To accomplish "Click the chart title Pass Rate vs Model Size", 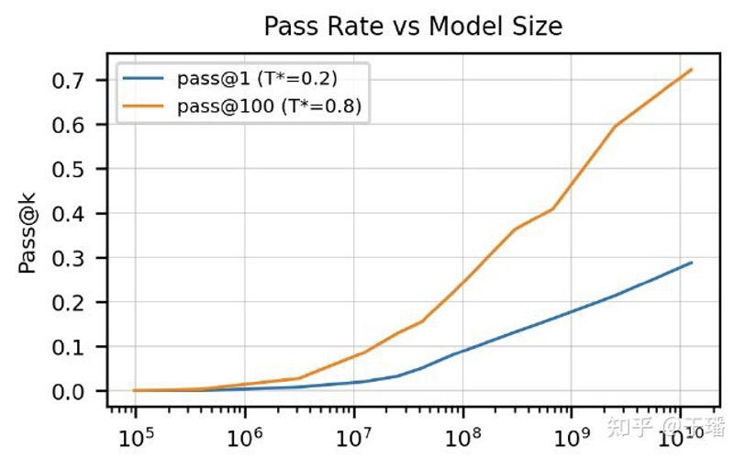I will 413,27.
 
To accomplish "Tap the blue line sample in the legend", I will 146,78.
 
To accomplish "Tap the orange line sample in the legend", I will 146,107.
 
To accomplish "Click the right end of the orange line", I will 692,70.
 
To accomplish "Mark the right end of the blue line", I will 692,263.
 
